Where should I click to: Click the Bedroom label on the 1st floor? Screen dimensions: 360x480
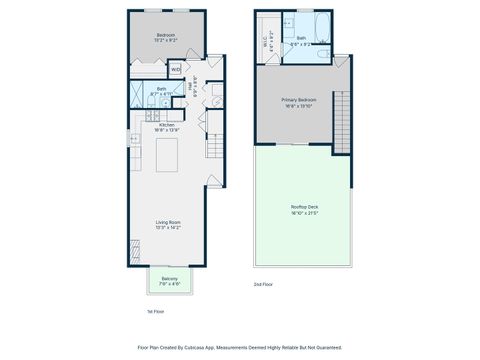pyautogui.click(x=166, y=36)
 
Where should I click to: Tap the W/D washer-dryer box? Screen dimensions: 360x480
pyautogui.click(x=175, y=70)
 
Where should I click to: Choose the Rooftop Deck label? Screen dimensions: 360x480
pyautogui.click(x=304, y=207)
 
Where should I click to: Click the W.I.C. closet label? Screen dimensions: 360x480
pyautogui.click(x=265, y=43)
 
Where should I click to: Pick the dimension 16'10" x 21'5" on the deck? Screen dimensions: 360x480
pyautogui.click(x=304, y=213)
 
